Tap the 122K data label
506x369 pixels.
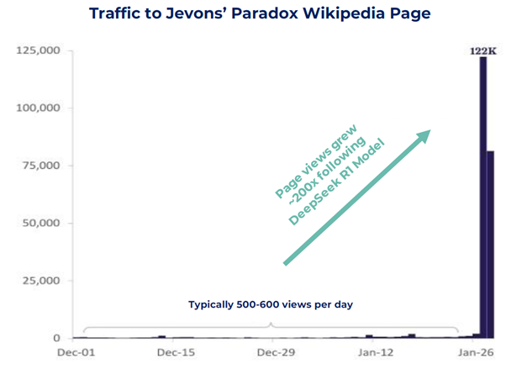pyautogui.click(x=482, y=51)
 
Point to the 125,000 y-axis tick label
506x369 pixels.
pyautogui.click(x=37, y=51)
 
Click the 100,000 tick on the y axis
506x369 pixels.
pyautogui.click(x=37, y=108)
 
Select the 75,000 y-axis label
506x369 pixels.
pyautogui.click(x=40, y=166)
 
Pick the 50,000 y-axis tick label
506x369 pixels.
pyautogui.click(x=40, y=224)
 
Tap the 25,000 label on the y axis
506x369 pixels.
pyautogui.click(x=40, y=281)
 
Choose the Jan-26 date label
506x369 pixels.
pyautogui.click(x=475, y=352)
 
